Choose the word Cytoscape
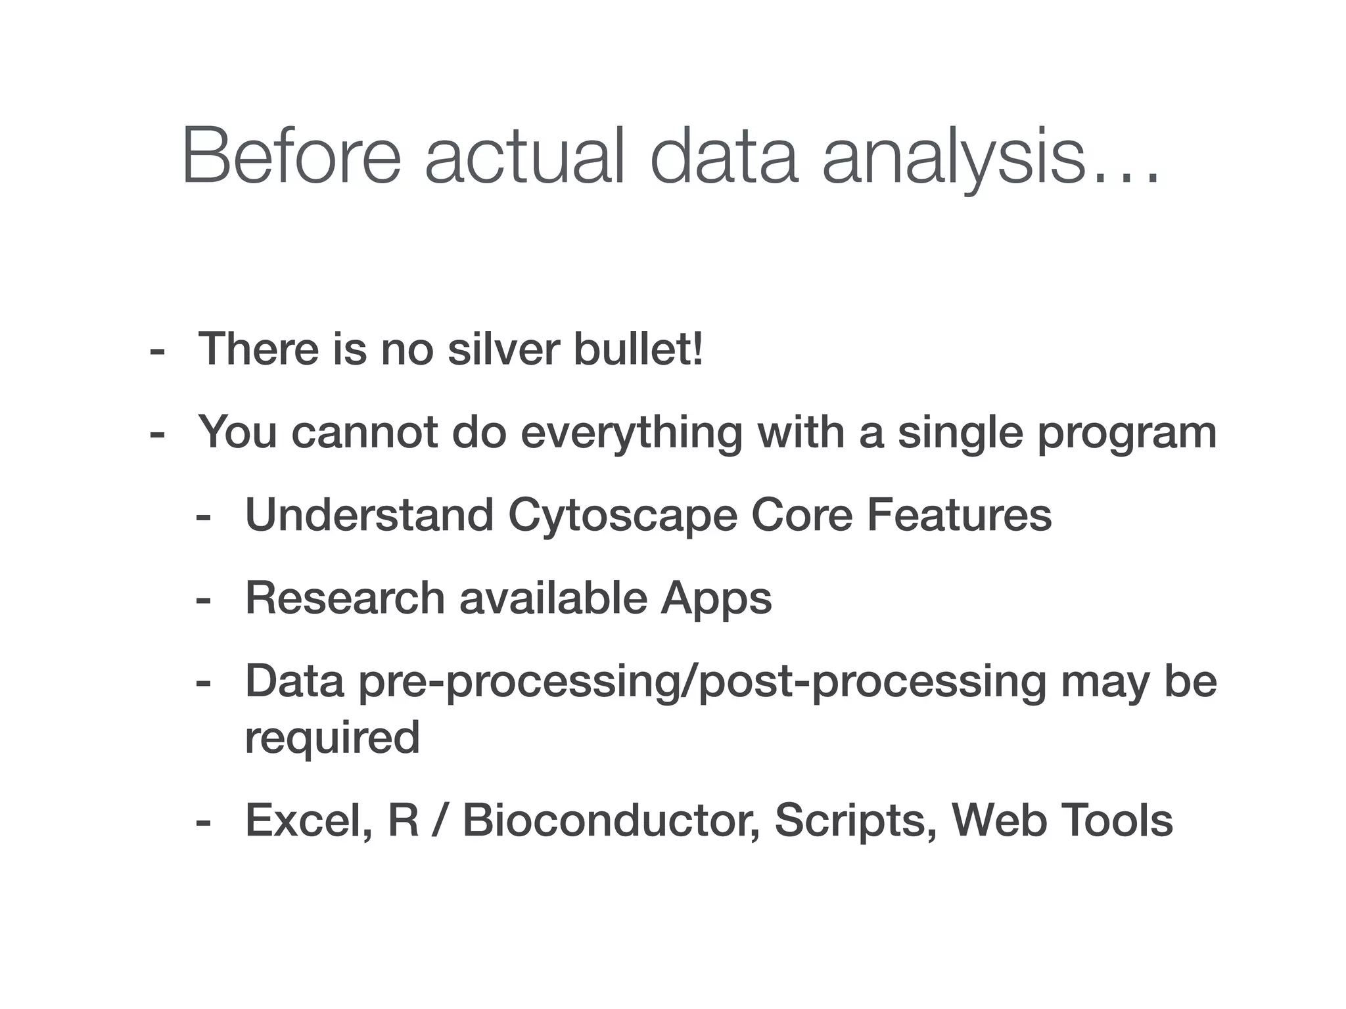coord(622,515)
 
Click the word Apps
coord(716,599)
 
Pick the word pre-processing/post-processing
coord(702,682)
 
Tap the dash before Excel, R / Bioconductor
coord(203,822)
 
